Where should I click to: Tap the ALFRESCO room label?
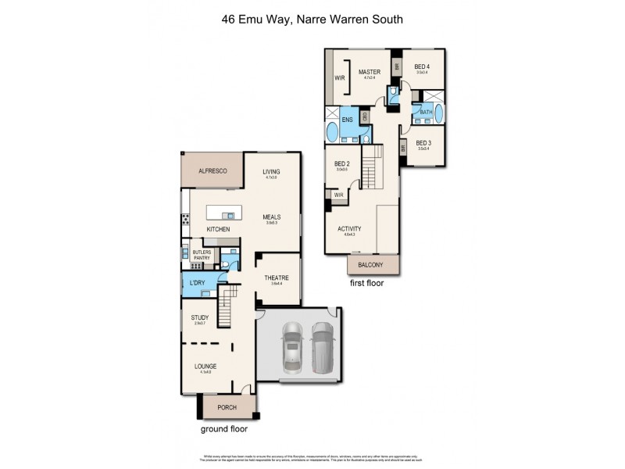tap(212, 170)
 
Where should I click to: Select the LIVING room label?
tap(271, 171)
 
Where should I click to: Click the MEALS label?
tap(271, 217)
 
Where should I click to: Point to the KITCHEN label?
tap(218, 229)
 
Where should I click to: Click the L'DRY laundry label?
tap(197, 281)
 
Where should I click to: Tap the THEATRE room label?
tap(277, 278)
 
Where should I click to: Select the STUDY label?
tap(199, 317)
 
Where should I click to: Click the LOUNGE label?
tap(205, 365)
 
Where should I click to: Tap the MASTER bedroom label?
tap(369, 72)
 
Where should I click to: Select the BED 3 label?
tap(423, 143)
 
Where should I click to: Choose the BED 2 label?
tap(342, 163)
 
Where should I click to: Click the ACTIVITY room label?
tap(349, 229)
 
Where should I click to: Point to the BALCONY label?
tap(372, 266)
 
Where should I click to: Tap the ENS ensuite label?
tap(347, 120)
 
